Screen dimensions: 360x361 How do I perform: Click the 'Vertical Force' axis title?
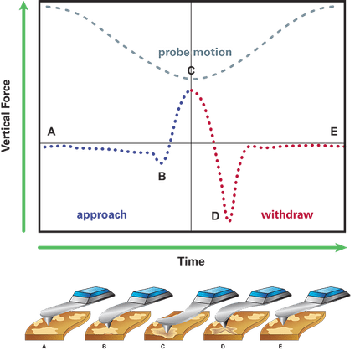click(6, 116)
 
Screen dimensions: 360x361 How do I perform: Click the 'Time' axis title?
click(191, 261)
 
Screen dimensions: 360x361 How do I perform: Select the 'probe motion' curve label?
click(195, 53)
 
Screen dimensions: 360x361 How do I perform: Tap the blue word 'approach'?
click(102, 215)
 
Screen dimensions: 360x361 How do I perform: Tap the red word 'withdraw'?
click(287, 214)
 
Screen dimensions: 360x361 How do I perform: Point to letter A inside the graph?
click(51, 132)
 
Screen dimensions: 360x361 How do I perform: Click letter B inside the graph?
click(162, 177)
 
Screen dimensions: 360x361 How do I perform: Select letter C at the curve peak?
click(191, 70)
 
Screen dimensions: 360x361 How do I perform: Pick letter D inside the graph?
click(215, 216)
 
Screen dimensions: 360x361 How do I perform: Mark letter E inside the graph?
click(334, 132)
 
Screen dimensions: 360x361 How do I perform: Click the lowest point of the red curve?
click(229, 221)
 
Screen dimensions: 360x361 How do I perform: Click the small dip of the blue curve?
click(161, 163)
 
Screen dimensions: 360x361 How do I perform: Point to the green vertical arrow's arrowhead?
click(23, 5)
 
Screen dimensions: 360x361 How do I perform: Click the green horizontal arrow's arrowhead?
click(342, 247)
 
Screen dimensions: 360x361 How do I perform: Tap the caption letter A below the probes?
click(44, 347)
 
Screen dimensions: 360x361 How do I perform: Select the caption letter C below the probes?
click(162, 347)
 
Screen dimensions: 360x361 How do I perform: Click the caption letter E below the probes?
click(280, 347)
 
